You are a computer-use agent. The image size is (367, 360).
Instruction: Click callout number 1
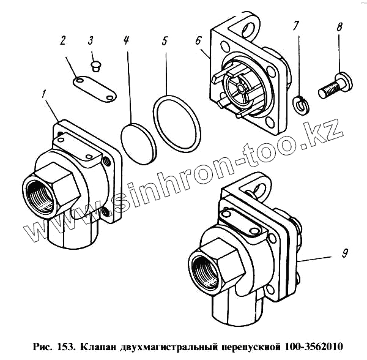coord(43,95)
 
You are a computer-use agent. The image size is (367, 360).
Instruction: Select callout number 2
coord(63,40)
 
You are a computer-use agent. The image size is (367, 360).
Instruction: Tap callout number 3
coord(91,40)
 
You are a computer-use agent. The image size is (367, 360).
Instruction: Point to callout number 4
coord(126,40)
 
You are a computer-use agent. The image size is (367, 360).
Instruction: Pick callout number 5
coord(165,40)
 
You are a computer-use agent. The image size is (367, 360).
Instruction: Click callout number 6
coord(198,41)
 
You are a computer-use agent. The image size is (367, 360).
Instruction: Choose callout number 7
coord(296,26)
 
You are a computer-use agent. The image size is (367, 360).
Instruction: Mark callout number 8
coord(339,26)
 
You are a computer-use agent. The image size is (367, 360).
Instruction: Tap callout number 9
coord(344,253)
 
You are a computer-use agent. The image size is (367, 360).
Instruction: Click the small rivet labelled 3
coord(95,66)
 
